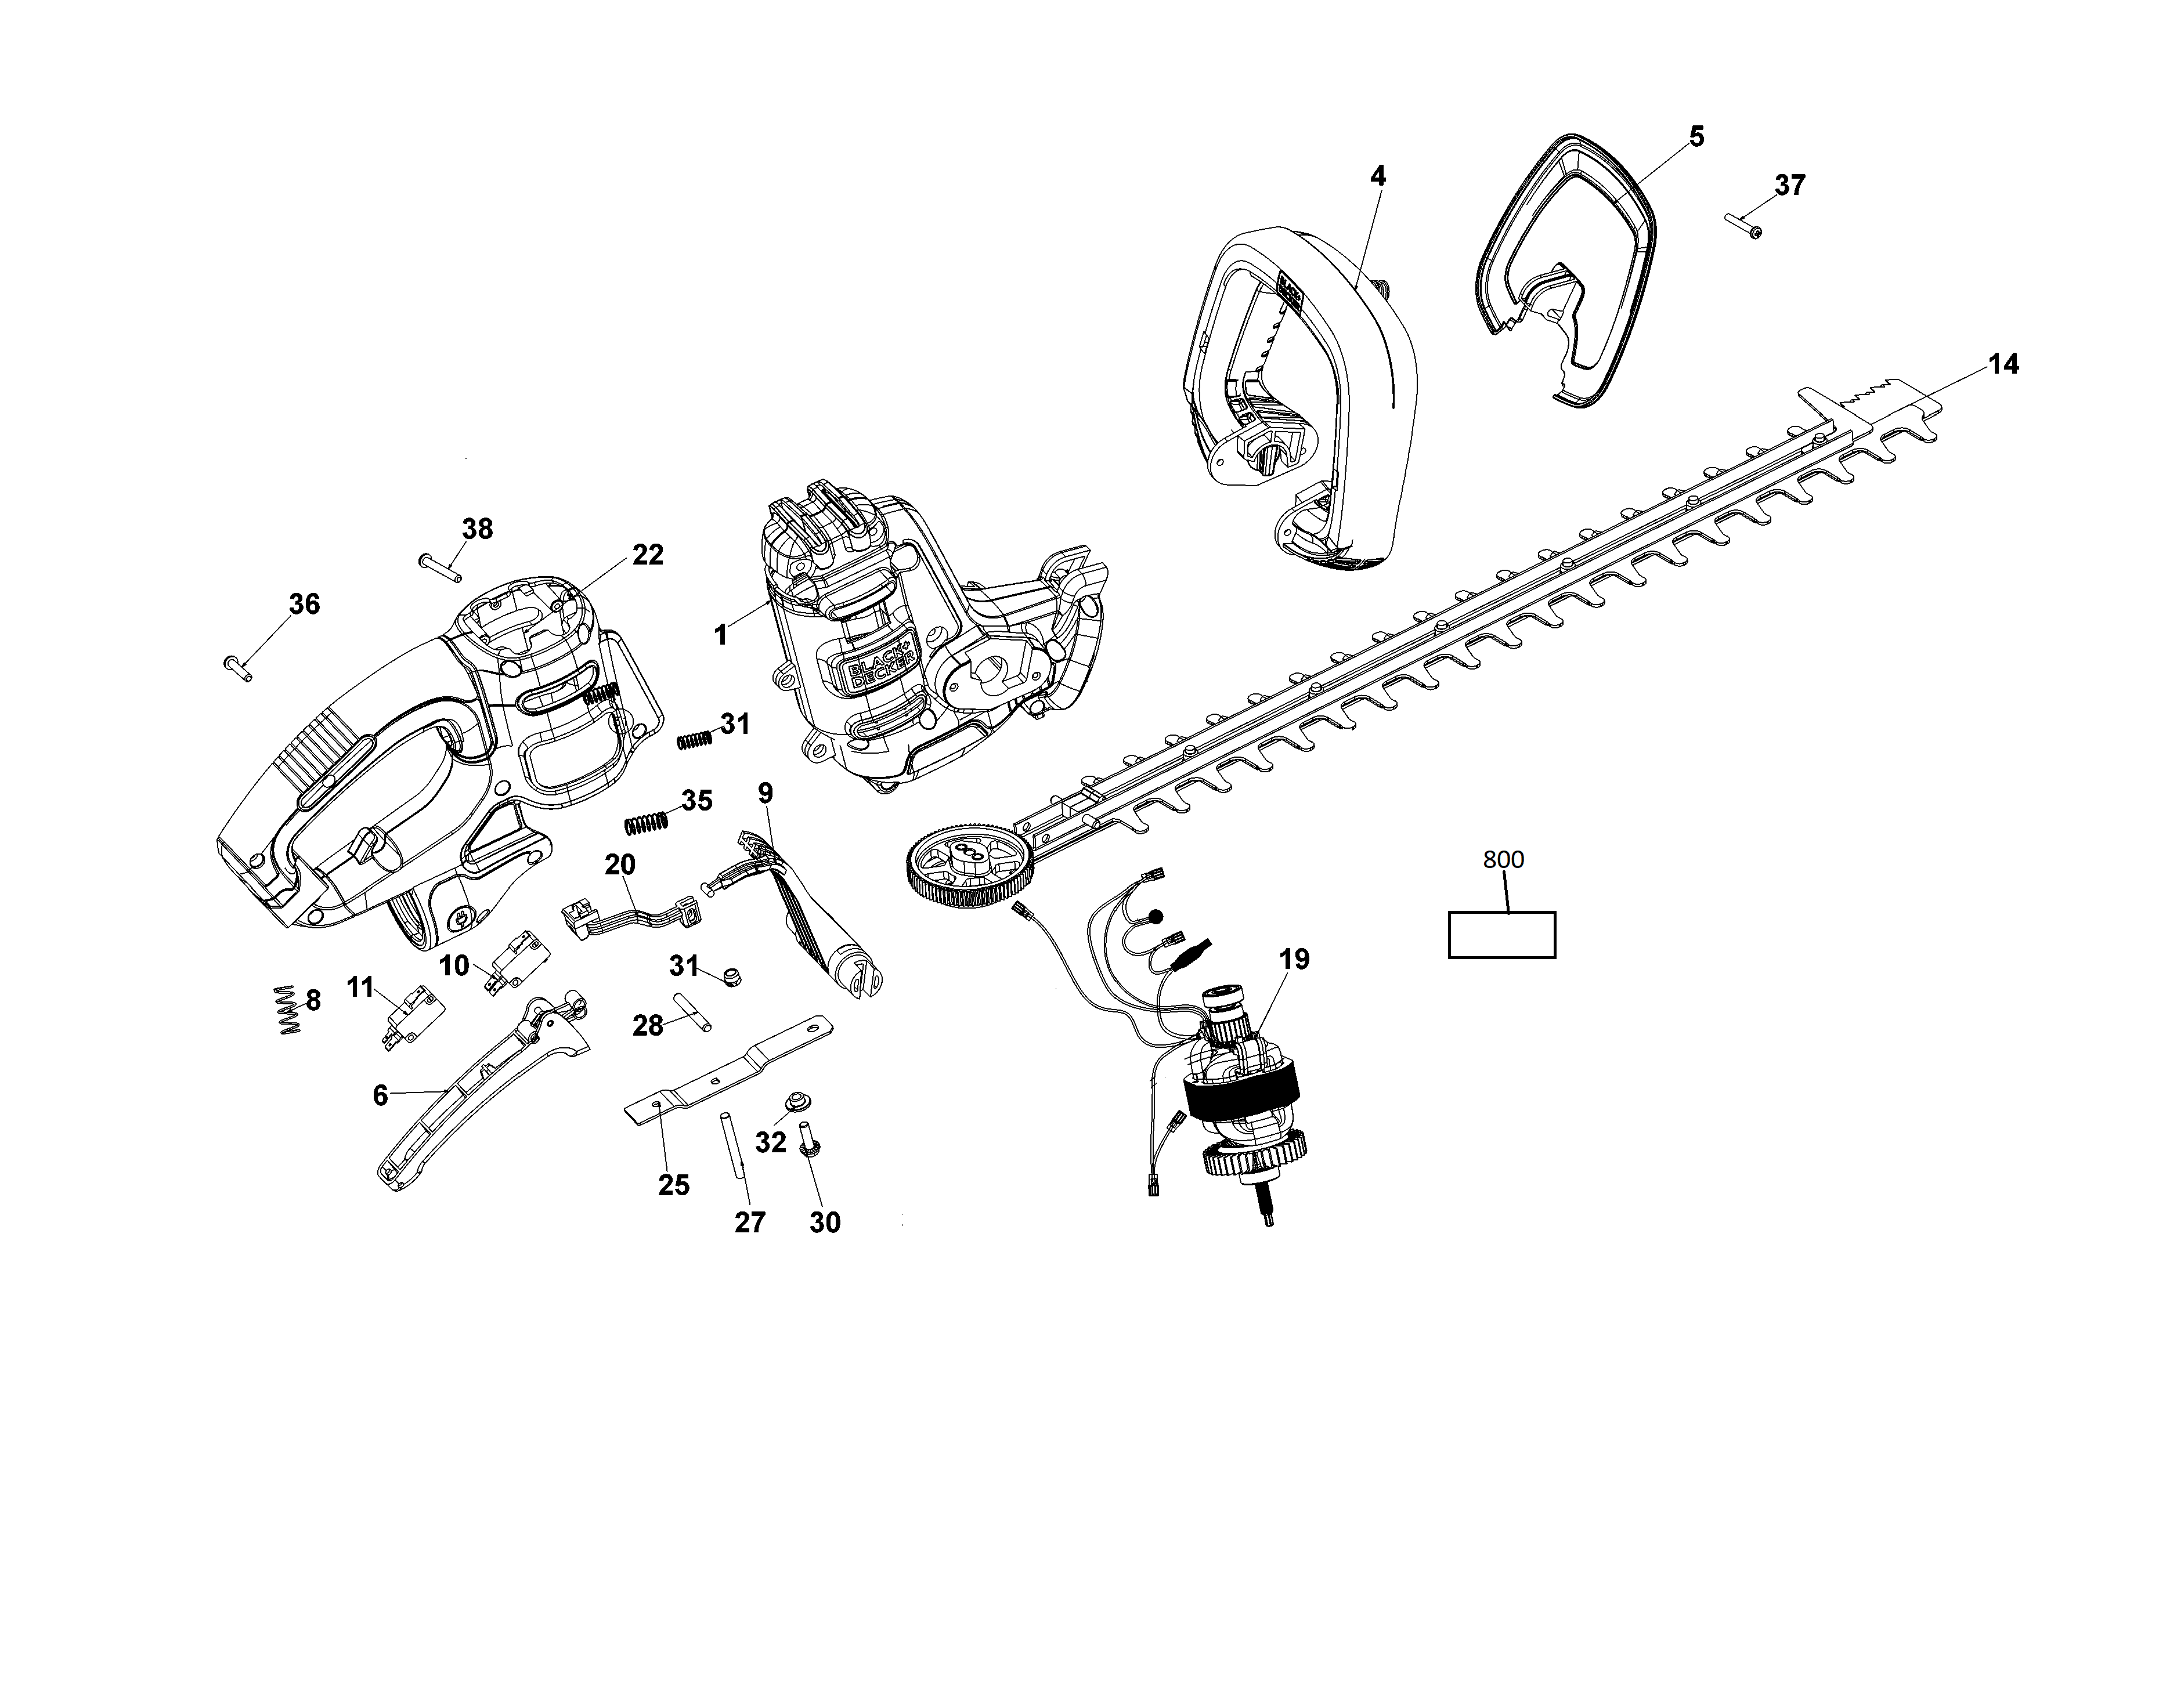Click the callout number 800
tap(1503, 859)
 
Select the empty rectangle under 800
tap(1501, 935)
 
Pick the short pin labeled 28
tap(693, 1012)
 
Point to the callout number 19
tap(1294, 960)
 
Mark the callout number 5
tap(1696, 136)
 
